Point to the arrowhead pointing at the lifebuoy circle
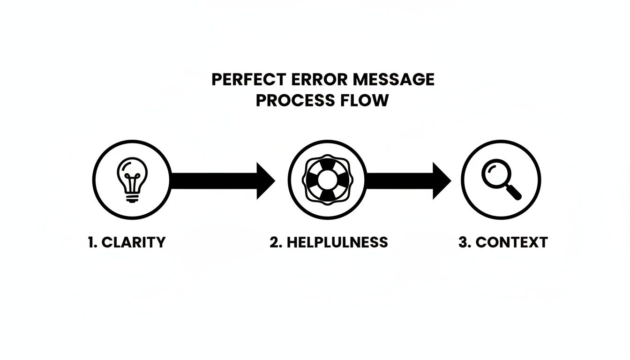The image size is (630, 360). (266, 181)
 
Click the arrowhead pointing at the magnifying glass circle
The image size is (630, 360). (442, 181)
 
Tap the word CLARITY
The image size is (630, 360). (134, 242)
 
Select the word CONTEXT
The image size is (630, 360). (511, 242)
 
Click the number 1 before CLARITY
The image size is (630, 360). (90, 242)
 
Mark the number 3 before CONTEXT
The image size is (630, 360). (463, 242)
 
